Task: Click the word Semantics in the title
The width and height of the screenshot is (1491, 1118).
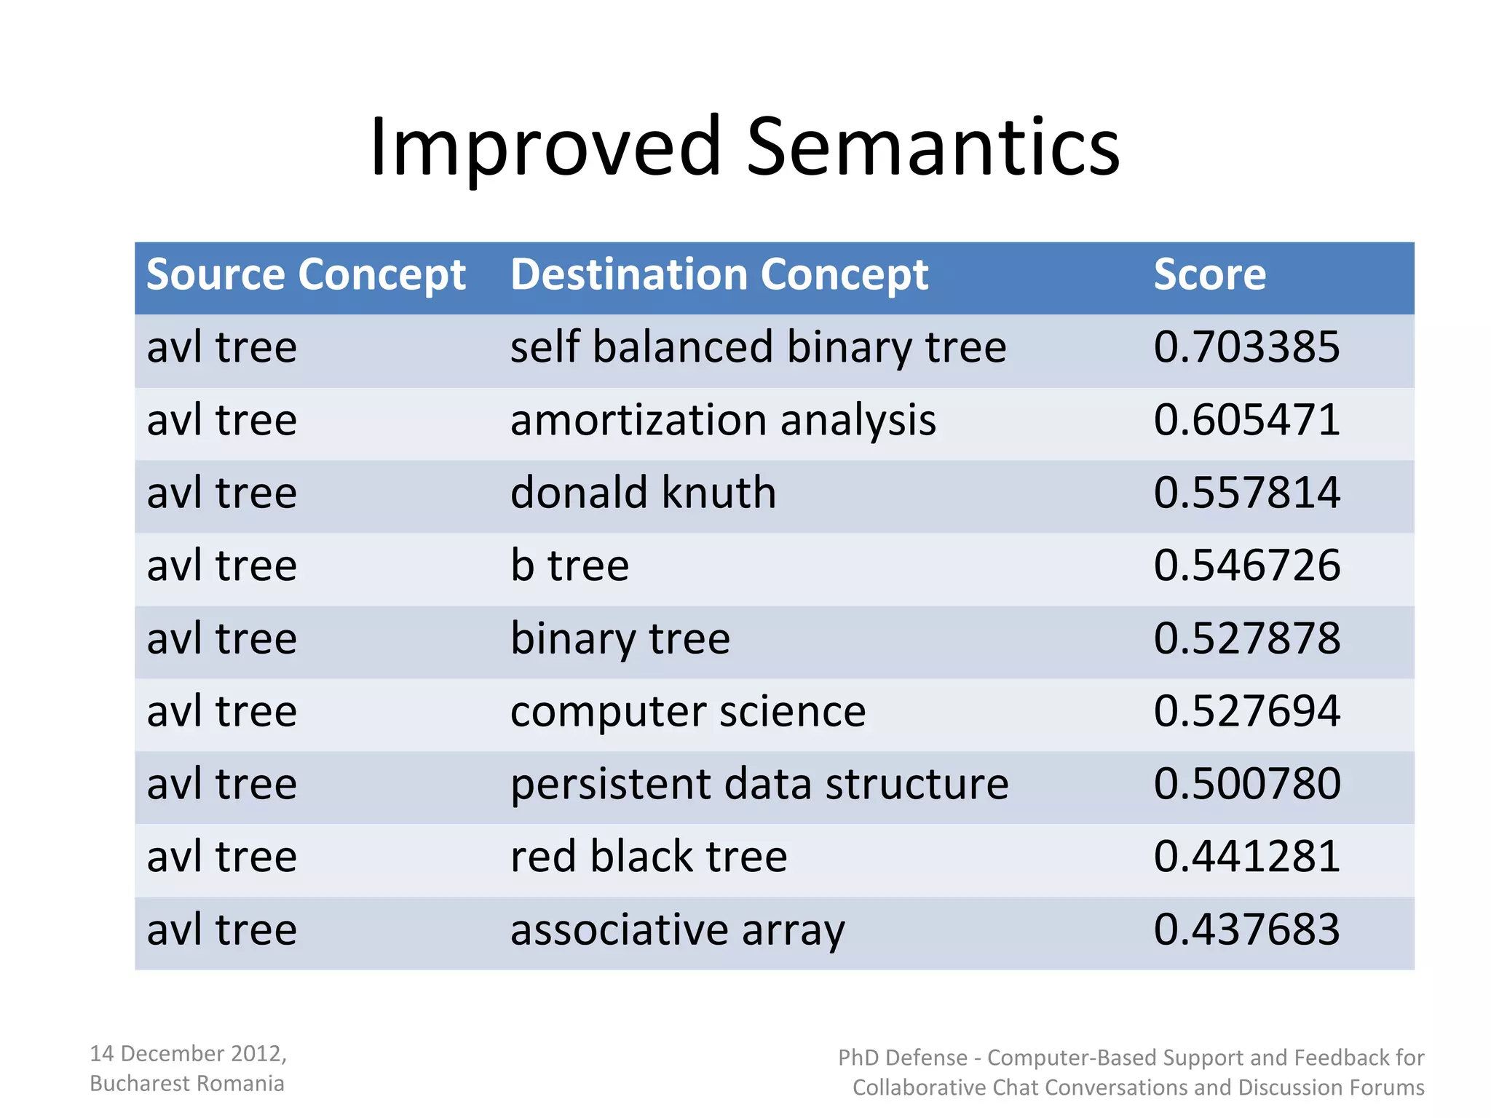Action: pos(933,148)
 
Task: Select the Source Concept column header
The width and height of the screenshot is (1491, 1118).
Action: pos(306,275)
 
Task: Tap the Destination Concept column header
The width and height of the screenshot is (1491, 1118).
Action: pos(719,275)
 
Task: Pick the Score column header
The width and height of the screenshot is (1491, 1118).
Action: pos(1209,275)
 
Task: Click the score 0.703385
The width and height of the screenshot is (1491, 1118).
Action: pos(1246,347)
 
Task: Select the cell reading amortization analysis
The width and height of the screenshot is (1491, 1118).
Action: pos(723,421)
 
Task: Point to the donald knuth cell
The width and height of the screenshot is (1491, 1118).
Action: pos(643,493)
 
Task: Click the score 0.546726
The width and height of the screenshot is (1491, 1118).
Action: pos(1246,566)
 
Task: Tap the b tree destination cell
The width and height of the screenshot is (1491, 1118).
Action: pos(569,566)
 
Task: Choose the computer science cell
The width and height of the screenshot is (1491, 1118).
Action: pos(688,711)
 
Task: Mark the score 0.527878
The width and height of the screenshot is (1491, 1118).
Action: pos(1246,638)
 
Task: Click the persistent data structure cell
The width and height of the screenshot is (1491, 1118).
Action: pos(759,784)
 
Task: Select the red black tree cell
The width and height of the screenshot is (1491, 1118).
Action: pos(649,857)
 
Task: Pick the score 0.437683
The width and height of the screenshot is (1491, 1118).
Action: pos(1246,929)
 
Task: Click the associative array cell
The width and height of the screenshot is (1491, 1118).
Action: pos(677,930)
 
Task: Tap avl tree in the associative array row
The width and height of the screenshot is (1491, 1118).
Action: pos(222,929)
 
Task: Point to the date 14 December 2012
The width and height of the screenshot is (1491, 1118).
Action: pos(188,1053)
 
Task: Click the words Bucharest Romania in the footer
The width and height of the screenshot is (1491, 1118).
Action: pos(186,1083)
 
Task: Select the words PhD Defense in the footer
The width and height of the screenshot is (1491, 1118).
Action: pos(902,1058)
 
